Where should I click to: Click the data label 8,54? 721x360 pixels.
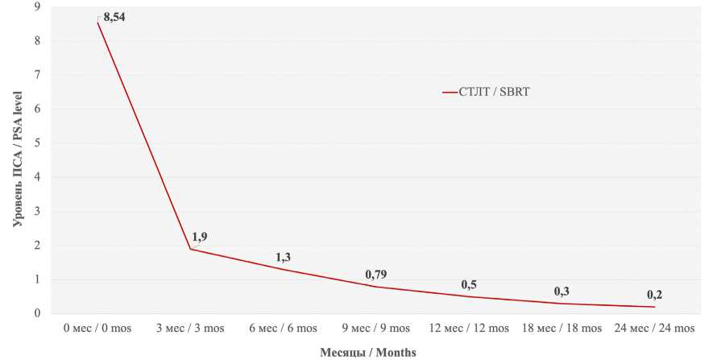tap(114, 18)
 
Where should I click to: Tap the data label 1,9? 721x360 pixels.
tap(200, 238)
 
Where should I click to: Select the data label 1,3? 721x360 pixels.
tap(284, 258)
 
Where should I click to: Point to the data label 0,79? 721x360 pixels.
tap(375, 275)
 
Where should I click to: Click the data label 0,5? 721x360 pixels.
tap(469, 284)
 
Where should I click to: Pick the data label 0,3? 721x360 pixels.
tap(561, 291)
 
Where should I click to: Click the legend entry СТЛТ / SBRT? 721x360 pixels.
tap(495, 92)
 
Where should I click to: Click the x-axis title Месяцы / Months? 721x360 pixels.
tap(368, 353)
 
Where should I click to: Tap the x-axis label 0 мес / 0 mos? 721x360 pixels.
tap(97, 329)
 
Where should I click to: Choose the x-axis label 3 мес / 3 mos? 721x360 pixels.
tap(190, 329)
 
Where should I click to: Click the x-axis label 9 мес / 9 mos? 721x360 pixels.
tap(375, 329)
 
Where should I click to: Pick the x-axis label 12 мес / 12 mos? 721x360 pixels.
tap(469, 329)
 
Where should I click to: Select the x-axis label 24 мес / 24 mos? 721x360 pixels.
tap(654, 329)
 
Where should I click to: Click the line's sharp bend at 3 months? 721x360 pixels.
tap(190, 249)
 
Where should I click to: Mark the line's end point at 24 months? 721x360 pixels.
tap(654, 307)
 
